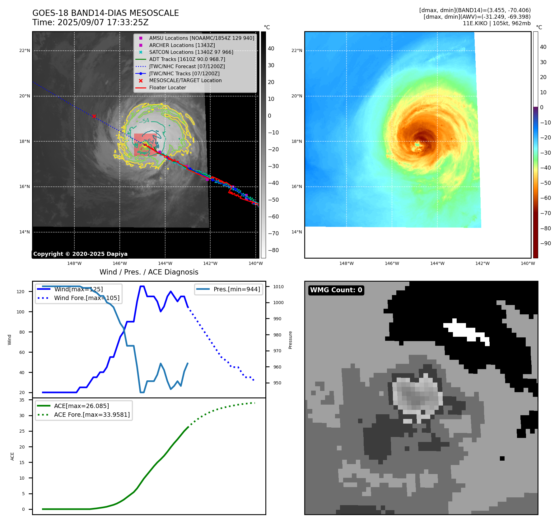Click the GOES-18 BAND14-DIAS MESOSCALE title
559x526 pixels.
click(105, 13)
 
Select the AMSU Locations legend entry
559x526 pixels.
click(201, 38)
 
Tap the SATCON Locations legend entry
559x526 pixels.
click(191, 52)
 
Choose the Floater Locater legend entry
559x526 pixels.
click(167, 88)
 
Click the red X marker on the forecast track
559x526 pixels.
click(94, 116)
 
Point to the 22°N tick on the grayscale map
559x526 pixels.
click(25, 51)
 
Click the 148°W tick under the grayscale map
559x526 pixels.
click(74, 263)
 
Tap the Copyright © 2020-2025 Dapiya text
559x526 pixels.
click(80, 254)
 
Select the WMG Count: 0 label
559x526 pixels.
click(336, 290)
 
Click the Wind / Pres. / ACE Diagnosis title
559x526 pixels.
click(149, 272)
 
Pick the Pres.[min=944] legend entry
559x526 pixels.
click(237, 289)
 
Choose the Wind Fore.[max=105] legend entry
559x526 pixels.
click(86, 298)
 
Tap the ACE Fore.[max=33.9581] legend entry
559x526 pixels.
click(92, 415)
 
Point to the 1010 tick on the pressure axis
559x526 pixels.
click(278, 287)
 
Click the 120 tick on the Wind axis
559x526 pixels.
click(21, 292)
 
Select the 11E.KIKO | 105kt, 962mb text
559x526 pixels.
click(496, 23)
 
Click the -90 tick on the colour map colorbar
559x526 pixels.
click(545, 243)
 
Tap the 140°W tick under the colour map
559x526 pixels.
click(528, 263)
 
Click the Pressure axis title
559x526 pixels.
click(290, 340)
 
